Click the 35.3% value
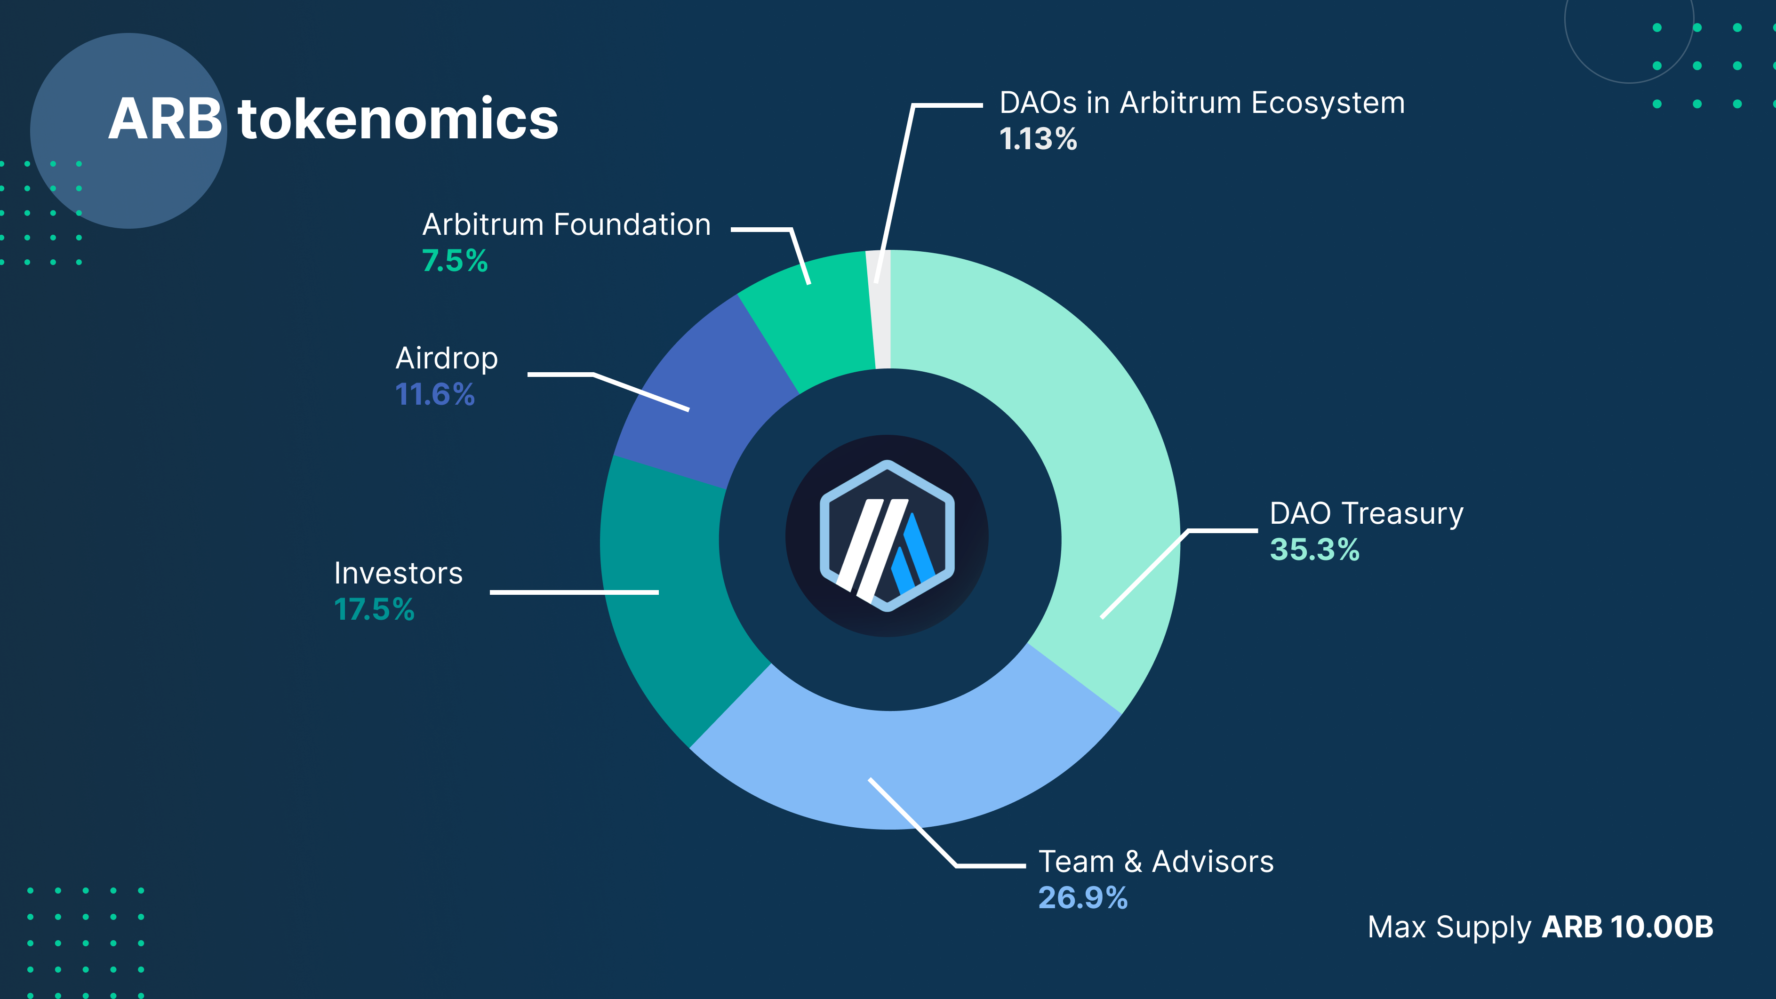point(1314,550)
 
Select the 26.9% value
point(1082,898)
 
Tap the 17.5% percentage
point(374,609)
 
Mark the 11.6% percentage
point(434,394)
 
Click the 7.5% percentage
point(454,261)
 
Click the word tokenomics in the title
point(398,119)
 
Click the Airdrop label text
point(446,359)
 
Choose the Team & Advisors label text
point(1155,862)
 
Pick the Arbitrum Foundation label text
point(566,225)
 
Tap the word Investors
point(398,574)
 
